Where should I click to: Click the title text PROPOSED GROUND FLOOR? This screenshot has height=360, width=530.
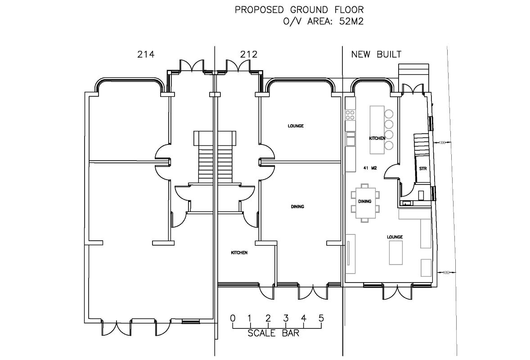point(299,9)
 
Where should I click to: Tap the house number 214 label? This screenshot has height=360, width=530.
point(145,54)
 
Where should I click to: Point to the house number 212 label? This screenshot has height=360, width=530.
point(249,54)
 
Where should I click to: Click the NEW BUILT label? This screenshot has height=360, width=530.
point(376,54)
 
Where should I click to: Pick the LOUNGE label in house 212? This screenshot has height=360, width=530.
point(296,126)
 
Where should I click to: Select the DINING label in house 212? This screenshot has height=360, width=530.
point(297,207)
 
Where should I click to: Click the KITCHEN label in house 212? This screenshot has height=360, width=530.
point(239,253)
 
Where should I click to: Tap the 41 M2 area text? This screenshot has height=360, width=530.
point(369,168)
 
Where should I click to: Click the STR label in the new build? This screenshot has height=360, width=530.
point(422,169)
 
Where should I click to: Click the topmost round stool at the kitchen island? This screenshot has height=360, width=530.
point(389,114)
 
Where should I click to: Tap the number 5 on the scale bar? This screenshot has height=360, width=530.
point(321,319)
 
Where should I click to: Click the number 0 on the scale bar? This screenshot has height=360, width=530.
point(233,319)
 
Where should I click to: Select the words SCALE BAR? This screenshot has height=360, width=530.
point(274,334)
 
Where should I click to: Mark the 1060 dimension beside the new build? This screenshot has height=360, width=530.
point(446,272)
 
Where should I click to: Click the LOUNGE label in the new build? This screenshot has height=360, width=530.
point(395,237)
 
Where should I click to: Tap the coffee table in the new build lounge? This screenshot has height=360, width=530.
point(395,253)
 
